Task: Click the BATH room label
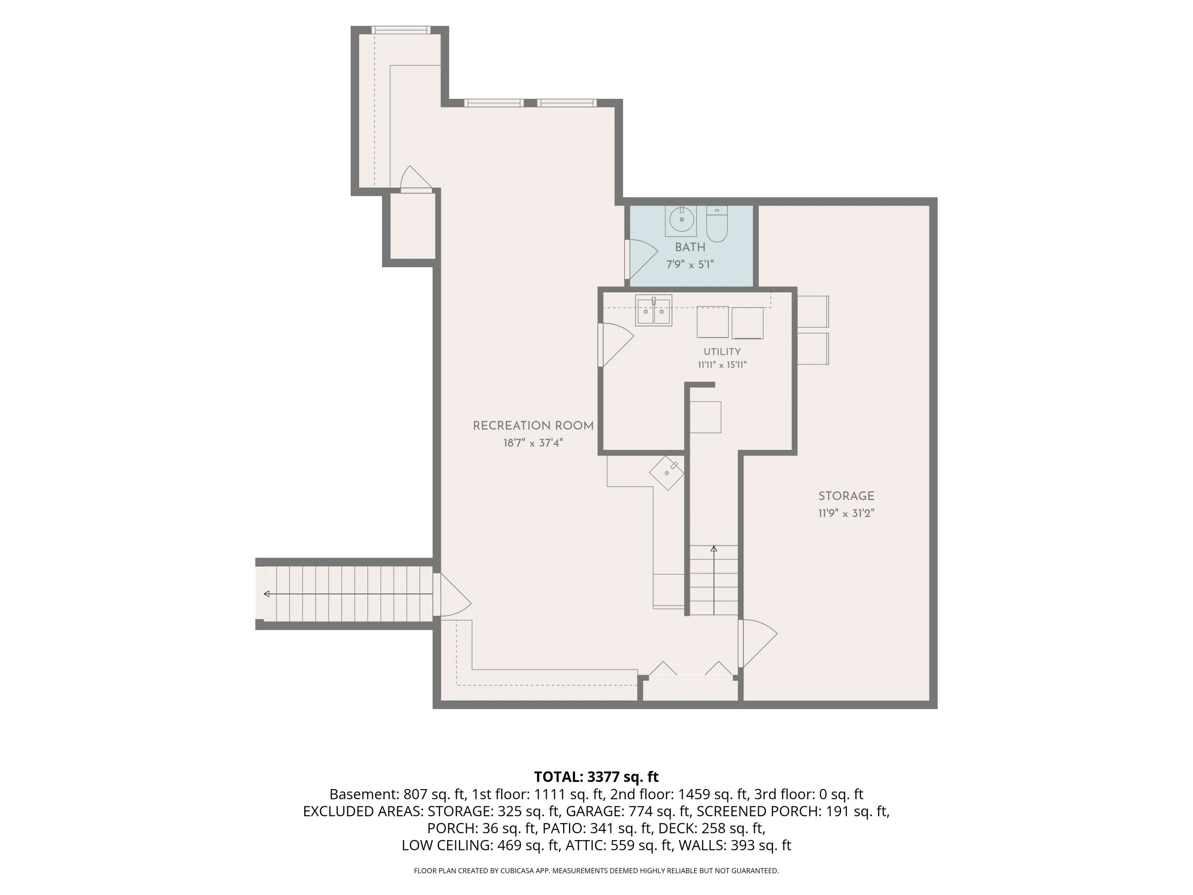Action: pos(690,247)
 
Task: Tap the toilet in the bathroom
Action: pos(717,224)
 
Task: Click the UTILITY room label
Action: pos(722,352)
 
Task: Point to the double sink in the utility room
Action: pos(653,310)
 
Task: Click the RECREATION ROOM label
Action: pos(533,426)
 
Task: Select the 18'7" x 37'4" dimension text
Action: pos(533,443)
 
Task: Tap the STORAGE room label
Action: pos(846,496)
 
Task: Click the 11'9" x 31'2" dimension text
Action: pos(846,513)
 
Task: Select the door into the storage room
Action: pos(757,644)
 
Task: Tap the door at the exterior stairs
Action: pos(452,594)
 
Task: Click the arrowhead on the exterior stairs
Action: pos(266,594)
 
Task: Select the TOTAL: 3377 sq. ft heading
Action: pos(596,777)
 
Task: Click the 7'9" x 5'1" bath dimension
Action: pos(690,265)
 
